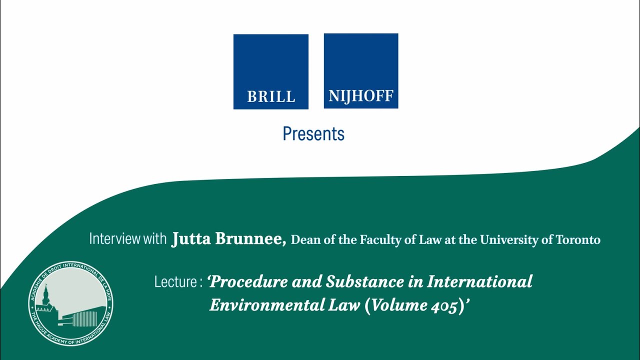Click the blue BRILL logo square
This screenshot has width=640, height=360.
(270, 71)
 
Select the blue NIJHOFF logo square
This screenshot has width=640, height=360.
(361, 71)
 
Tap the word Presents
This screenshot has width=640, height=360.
(313, 134)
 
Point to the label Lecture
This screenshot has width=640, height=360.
(175, 282)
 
